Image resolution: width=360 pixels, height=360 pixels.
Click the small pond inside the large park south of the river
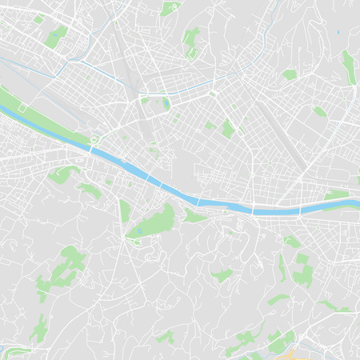[x=140, y=231]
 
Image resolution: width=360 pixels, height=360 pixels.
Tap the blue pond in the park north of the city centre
[x=166, y=104]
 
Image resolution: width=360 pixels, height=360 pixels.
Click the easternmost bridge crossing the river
[x=301, y=210]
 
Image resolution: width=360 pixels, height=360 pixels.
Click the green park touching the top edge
[x=169, y=8]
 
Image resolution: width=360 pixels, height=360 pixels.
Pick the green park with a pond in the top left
[x=56, y=36]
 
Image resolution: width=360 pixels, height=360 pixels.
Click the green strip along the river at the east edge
[x=338, y=194]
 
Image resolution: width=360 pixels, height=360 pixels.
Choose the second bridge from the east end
[x=253, y=210]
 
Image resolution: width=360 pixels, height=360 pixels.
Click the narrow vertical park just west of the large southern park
[x=124, y=211]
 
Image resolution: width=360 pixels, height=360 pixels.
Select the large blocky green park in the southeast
[x=302, y=270]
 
